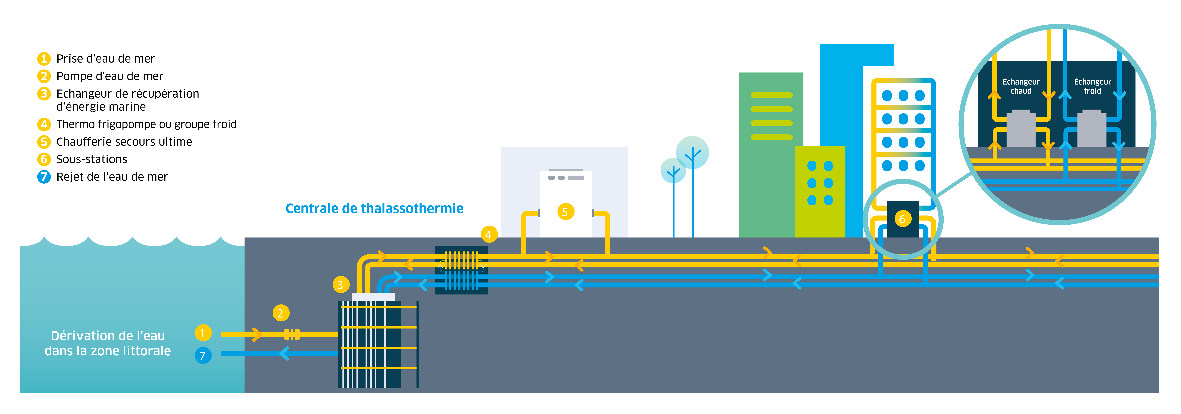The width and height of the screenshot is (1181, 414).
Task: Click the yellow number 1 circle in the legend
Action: click(x=44, y=59)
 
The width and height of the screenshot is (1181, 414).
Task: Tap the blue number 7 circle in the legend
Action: click(x=44, y=177)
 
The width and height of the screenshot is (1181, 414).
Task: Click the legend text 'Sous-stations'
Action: click(x=92, y=159)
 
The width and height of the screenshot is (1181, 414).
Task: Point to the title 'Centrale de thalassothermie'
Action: click(x=374, y=209)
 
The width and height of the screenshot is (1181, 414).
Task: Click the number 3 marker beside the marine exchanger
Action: click(x=340, y=285)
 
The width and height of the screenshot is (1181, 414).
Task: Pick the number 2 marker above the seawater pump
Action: click(x=281, y=313)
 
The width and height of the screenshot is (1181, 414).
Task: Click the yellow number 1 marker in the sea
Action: click(x=203, y=333)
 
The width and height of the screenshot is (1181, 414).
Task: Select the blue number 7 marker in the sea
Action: click(x=203, y=355)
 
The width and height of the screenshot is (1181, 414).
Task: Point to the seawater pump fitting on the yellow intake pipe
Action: click(x=292, y=334)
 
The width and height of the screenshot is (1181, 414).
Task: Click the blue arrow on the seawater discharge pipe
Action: click(x=284, y=353)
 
